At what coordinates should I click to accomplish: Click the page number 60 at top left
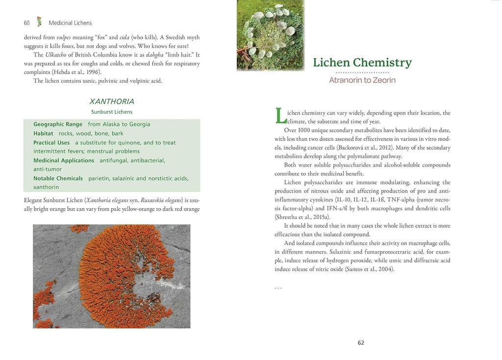pyautogui.click(x=26, y=23)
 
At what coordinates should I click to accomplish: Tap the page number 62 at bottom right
pyautogui.click(x=361, y=343)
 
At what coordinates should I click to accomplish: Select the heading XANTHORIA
pyautogui.click(x=112, y=101)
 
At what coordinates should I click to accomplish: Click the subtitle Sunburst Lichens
pyautogui.click(x=112, y=112)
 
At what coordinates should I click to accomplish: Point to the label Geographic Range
pyautogui.click(x=58, y=124)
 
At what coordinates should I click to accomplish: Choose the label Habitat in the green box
pyautogui.click(x=43, y=133)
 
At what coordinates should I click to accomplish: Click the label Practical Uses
pyautogui.click(x=51, y=143)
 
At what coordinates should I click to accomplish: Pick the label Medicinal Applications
pyautogui.click(x=64, y=161)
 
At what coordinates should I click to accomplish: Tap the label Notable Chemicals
pyautogui.click(x=58, y=178)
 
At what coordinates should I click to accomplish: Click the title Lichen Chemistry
pyautogui.click(x=362, y=63)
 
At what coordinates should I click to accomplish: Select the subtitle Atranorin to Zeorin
pyautogui.click(x=362, y=80)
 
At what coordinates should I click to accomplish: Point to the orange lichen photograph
pyautogui.click(x=111, y=276)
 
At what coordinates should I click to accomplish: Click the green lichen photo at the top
pyautogui.click(x=270, y=35)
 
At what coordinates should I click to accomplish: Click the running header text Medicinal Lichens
pyautogui.click(x=70, y=23)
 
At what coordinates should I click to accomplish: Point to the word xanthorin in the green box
pyautogui.click(x=46, y=187)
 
